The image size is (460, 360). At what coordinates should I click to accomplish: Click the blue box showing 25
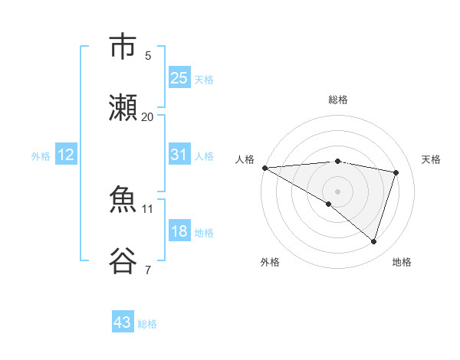[x=179, y=78]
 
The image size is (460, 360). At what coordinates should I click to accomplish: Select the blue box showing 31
[x=179, y=155]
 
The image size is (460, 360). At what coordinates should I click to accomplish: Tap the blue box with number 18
[x=179, y=231]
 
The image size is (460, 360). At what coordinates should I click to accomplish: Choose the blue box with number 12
[x=66, y=155]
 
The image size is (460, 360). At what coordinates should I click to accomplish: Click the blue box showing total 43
[x=123, y=322]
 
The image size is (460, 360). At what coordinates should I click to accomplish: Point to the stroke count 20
[x=147, y=116]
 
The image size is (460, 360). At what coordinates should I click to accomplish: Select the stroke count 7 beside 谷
[x=147, y=270]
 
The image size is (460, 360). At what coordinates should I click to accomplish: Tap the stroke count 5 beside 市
[x=147, y=55]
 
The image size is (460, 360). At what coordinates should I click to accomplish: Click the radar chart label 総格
[x=338, y=100]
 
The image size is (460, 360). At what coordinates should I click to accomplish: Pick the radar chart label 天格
[x=431, y=159]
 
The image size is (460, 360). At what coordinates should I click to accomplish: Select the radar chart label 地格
[x=402, y=262]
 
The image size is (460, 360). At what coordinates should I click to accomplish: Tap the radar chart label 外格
[x=270, y=262]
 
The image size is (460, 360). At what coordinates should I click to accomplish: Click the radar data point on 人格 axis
[x=264, y=168]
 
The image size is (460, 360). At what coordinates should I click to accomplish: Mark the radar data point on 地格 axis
[x=374, y=242]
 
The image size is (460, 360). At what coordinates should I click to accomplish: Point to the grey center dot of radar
[x=337, y=191]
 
